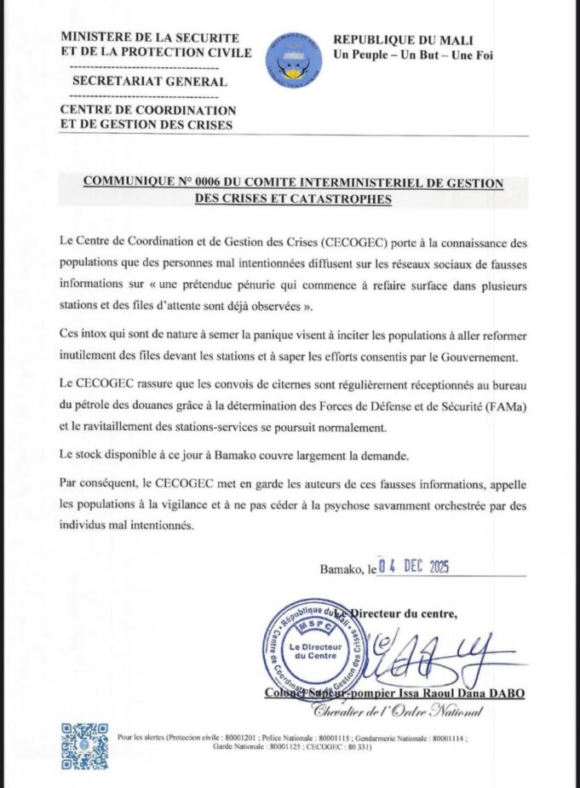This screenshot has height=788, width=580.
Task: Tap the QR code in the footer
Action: coord(84,745)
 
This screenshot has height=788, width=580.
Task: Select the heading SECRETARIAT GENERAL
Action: coord(150,82)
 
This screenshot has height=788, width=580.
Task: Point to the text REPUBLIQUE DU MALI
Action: coord(402,40)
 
